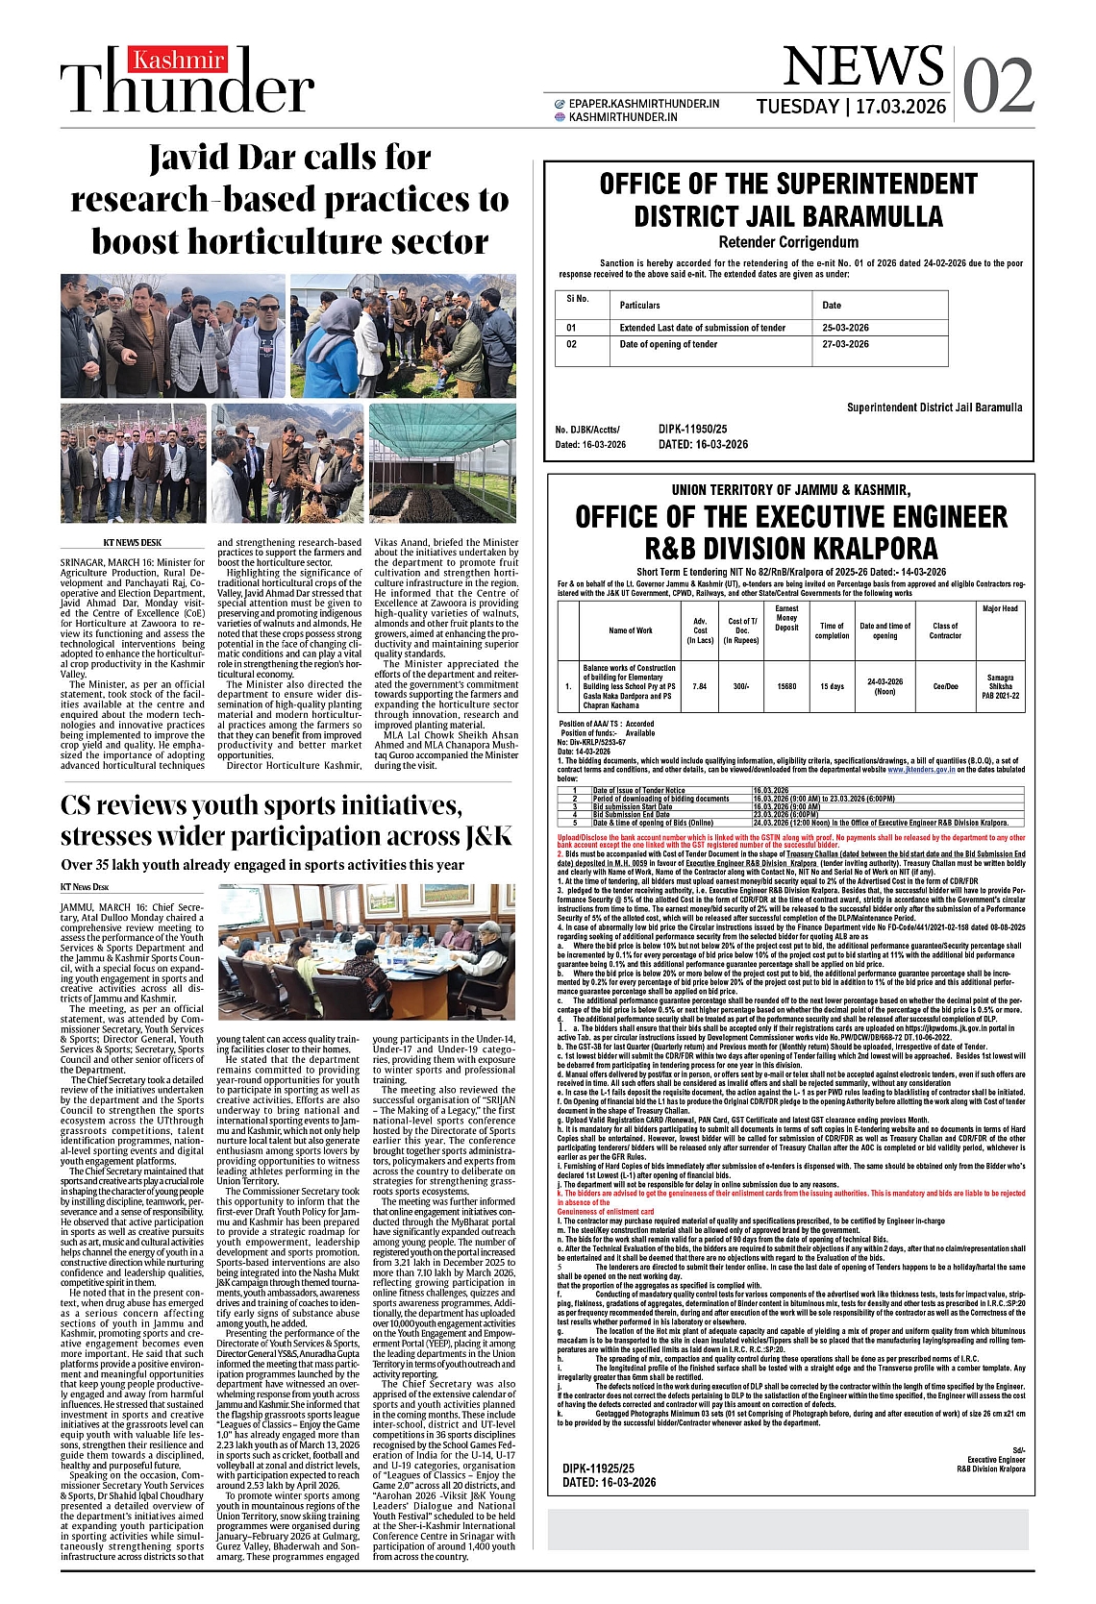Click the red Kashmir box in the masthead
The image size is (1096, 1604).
179,61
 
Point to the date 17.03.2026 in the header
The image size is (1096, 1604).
901,107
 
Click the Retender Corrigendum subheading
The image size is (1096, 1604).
788,242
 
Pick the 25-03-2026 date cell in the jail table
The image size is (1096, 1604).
845,328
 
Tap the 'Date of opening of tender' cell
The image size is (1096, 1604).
668,344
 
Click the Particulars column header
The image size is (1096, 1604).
639,305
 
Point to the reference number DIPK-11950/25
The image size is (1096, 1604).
692,429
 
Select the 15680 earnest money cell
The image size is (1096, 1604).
786,686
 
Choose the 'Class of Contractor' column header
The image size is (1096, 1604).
945,630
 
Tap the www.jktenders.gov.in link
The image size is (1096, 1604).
921,770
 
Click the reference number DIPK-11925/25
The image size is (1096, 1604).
599,1468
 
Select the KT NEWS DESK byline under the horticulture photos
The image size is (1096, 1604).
133,543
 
